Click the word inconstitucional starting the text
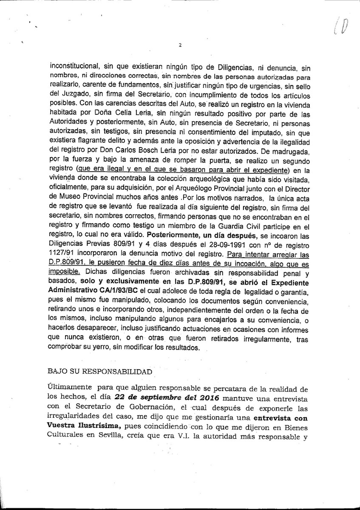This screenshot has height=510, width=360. click(x=74, y=66)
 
